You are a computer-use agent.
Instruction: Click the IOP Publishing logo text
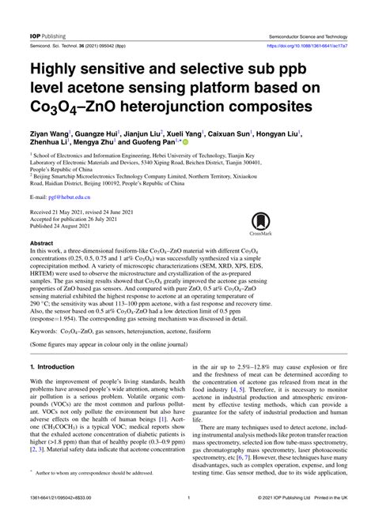pyautogui.click(x=49, y=14)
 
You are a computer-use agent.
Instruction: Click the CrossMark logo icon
pyautogui.click(x=261, y=224)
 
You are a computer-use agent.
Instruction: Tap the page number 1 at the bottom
pyautogui.click(x=187, y=520)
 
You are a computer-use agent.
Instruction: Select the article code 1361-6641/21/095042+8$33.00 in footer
pyautogui.click(x=63, y=520)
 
